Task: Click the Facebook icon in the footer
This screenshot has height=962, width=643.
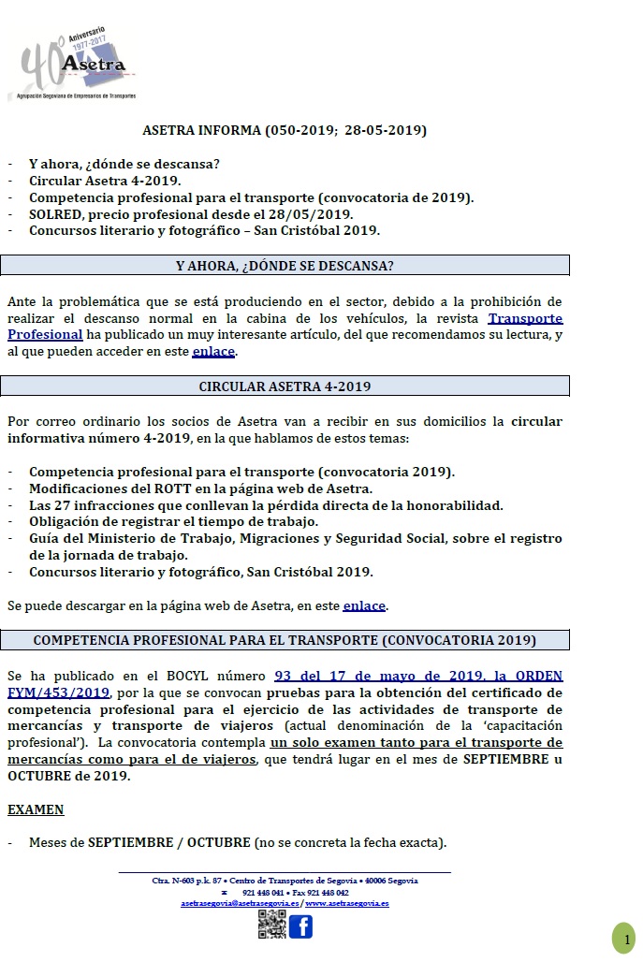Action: [x=300, y=926]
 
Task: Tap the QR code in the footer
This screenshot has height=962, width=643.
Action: [x=271, y=925]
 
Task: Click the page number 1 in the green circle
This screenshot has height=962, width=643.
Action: [x=623, y=937]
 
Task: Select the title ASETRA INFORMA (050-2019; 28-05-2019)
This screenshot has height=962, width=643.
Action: [x=285, y=130]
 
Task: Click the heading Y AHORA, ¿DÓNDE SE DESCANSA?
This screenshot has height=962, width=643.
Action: [x=285, y=265]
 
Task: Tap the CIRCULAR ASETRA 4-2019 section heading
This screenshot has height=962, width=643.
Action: [x=285, y=386]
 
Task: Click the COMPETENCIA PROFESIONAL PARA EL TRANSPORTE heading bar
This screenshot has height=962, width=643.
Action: [x=285, y=640]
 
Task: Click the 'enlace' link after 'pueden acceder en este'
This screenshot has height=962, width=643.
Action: [x=214, y=352]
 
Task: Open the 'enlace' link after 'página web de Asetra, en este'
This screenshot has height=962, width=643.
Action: [x=364, y=605]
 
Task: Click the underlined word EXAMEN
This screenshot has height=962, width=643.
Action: [x=36, y=809]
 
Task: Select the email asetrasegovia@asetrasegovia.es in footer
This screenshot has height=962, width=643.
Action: [x=241, y=903]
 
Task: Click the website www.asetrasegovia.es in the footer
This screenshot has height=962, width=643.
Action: [x=347, y=903]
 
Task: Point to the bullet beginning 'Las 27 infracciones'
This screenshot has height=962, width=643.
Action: [x=266, y=505]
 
